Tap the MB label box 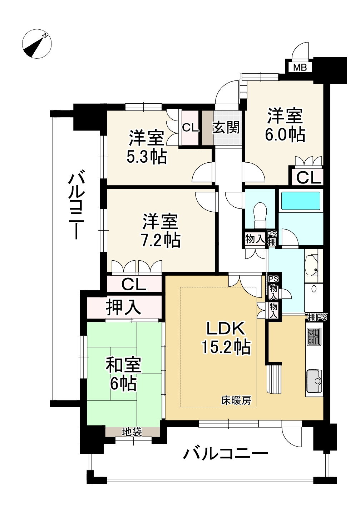click(300, 67)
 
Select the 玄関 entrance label click(226, 127)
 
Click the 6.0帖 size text click(285, 134)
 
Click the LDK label click(226, 329)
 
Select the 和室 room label click(123, 365)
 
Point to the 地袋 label click(132, 432)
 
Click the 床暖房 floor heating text click(236, 401)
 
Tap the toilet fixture click(260, 213)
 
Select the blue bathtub click(301, 201)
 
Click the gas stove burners click(314, 336)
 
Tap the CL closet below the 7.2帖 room click(134, 285)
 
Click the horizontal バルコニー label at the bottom click(226, 454)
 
